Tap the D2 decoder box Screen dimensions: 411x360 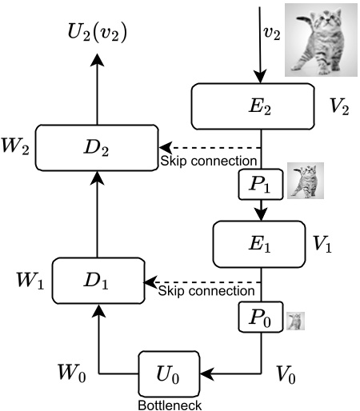(x=95, y=147)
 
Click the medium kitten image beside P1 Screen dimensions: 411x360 (x=305, y=182)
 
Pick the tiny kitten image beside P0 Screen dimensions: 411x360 (x=295, y=321)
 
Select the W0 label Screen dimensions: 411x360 (x=70, y=372)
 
